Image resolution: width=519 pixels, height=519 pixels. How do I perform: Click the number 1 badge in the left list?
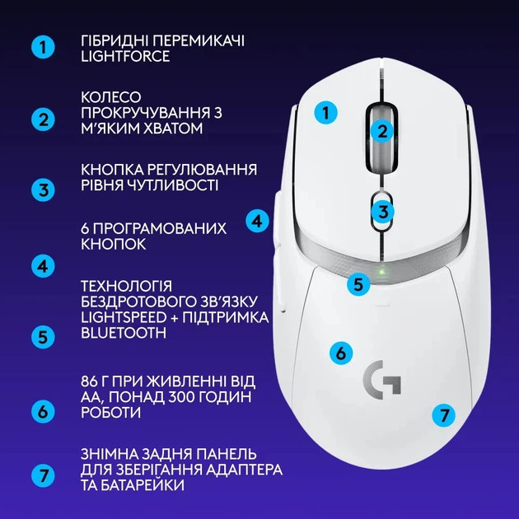tap(43, 47)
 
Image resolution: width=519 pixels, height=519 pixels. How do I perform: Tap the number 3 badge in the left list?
tap(43, 189)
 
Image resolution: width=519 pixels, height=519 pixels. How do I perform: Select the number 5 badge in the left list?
tap(43, 336)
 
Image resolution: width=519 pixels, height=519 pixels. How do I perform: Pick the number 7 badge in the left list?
tap(43, 476)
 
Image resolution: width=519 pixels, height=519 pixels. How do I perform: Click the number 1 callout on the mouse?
tap(327, 113)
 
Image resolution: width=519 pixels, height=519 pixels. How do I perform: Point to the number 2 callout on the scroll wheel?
tap(381, 129)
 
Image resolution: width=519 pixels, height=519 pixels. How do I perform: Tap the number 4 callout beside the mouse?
tap(258, 221)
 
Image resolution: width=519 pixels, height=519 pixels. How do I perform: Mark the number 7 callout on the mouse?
tap(443, 414)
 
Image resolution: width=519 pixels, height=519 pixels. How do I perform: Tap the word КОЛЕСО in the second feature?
tap(111, 97)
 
